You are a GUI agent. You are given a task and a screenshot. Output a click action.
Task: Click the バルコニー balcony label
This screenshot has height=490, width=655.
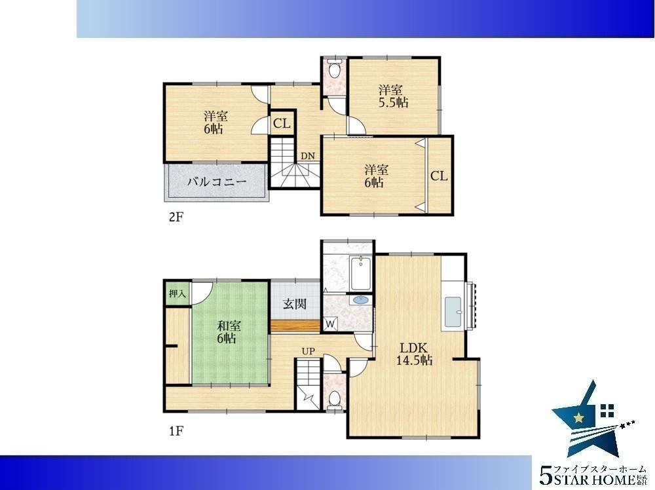coord(217,182)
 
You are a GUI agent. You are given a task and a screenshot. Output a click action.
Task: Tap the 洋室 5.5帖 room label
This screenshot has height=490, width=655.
coord(393,96)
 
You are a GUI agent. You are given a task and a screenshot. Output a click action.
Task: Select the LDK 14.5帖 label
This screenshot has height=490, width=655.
coord(414,354)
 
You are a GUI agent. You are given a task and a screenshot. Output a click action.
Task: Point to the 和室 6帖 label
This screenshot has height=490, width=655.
coord(229,331)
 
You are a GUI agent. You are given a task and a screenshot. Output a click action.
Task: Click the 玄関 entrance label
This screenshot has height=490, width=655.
coord(295,304)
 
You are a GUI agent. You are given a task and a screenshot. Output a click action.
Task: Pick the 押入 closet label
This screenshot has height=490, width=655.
coord(177,293)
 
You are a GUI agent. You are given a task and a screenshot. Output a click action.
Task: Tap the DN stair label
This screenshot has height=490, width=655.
coord(308,156)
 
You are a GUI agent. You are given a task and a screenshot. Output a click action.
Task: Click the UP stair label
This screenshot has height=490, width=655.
coord(309,351)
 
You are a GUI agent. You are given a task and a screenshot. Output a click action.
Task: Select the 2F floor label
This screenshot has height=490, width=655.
coord(176,217)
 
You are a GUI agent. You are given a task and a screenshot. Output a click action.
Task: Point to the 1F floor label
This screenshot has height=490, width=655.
coord(176,430)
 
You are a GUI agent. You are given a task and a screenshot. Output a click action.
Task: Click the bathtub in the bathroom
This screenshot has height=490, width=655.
coord(361,274)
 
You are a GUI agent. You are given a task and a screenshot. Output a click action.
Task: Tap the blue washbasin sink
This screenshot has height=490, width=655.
coord(361,299)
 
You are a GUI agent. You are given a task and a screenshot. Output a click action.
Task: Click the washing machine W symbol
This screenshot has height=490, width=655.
coord(330,324)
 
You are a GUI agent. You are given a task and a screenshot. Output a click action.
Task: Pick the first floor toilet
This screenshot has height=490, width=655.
coord(334,398)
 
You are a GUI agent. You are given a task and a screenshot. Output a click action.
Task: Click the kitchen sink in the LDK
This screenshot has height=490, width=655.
coord(453,312)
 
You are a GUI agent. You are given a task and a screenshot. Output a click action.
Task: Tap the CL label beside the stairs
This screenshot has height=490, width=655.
coord(282,124)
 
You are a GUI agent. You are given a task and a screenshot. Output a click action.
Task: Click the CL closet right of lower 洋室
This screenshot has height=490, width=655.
coord(439,176)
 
